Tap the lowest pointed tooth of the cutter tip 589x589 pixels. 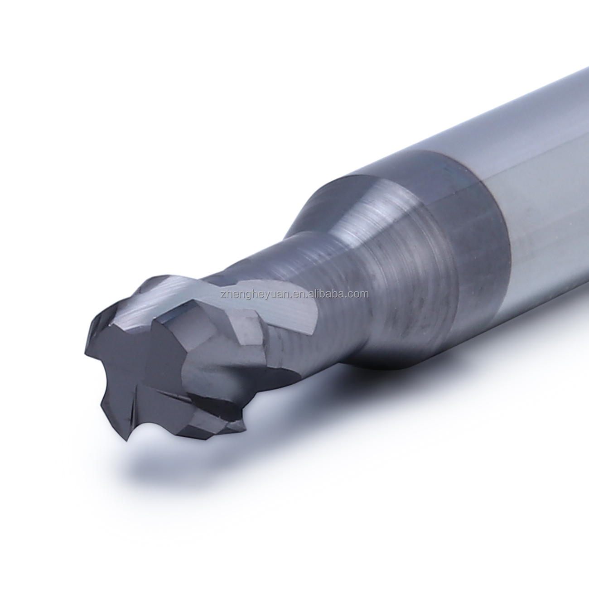(x=127, y=439)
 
